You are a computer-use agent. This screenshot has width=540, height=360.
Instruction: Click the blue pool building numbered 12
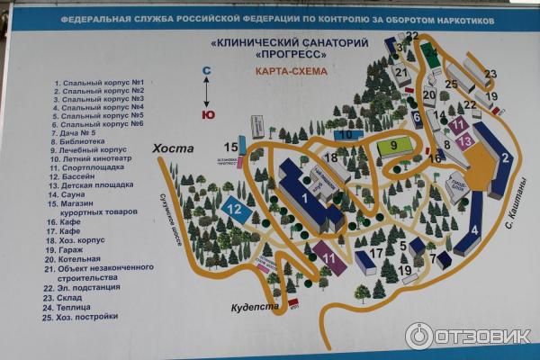coord(235,211)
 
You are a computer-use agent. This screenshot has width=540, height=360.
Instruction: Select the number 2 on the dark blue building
coord(506,157)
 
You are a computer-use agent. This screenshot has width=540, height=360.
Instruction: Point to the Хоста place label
coord(173,148)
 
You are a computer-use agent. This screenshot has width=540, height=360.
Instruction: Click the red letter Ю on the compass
coord(208,114)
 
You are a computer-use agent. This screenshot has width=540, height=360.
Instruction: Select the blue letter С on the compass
coord(206,70)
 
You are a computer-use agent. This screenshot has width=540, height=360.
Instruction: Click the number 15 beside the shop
coord(231,147)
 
